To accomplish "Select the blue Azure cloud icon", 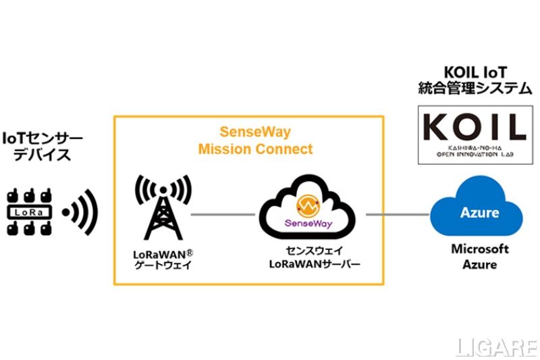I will pos(479,211).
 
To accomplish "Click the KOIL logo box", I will pos(471,135).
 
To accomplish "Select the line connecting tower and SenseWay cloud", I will pos(223,215).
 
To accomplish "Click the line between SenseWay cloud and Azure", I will pos(398,215).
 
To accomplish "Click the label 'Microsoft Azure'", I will pos(479,257).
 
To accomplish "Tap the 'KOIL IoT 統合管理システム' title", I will pos(471,80).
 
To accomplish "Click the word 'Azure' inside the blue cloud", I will pos(479,213).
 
